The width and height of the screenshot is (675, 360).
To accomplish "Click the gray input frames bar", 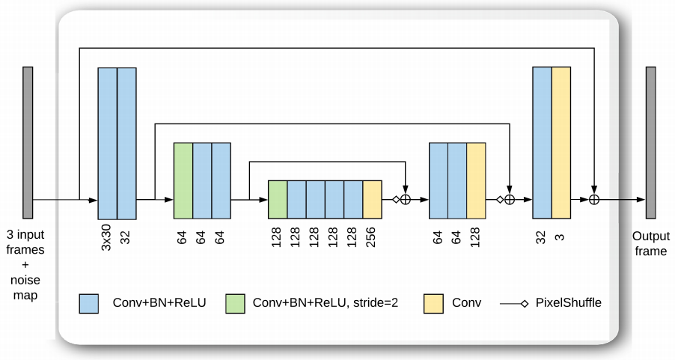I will (28, 141).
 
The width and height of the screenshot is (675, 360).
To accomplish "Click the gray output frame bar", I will (650, 141).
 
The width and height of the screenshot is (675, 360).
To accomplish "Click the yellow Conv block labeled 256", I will (372, 200).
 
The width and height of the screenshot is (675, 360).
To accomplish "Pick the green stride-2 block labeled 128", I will (278, 200).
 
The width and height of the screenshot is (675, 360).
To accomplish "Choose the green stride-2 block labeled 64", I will (183, 180).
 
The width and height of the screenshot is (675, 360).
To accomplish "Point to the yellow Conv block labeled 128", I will (476, 180).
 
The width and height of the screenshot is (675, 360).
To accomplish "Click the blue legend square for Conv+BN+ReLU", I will (89, 303).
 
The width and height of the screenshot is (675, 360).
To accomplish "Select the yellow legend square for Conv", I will (434, 303).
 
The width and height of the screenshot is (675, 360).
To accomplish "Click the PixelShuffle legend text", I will (568, 303).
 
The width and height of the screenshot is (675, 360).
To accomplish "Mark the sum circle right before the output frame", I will (594, 200).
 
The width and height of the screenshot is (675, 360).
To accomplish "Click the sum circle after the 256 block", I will (406, 200).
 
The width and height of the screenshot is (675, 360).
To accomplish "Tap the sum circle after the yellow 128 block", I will (510, 200).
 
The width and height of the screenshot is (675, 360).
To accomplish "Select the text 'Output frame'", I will (650, 242).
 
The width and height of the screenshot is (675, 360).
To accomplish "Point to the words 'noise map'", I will (25, 288).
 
